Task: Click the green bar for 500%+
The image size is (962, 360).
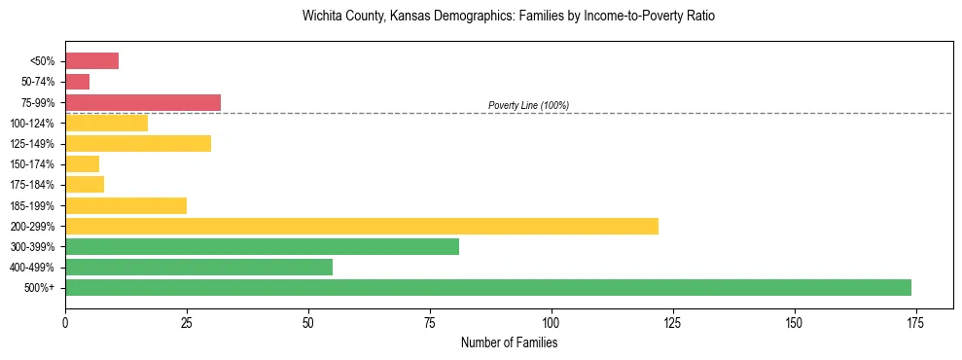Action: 487,287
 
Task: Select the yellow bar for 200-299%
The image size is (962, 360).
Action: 362,226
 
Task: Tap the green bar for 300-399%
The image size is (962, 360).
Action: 262,246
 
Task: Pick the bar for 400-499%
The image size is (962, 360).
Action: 198,267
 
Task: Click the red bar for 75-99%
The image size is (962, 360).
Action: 143,102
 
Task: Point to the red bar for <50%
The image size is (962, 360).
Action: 91,60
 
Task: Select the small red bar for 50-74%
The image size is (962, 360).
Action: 78,82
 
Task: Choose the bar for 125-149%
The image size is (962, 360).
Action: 138,143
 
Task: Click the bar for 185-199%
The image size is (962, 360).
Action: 125,205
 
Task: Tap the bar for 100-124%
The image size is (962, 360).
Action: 106,123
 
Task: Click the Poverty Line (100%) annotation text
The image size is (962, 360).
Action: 528,105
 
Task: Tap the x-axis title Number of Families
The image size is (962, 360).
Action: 509,342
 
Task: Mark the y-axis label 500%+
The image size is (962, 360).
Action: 40,288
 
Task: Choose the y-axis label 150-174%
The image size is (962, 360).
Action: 31,164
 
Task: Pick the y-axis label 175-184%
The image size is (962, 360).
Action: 31,185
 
